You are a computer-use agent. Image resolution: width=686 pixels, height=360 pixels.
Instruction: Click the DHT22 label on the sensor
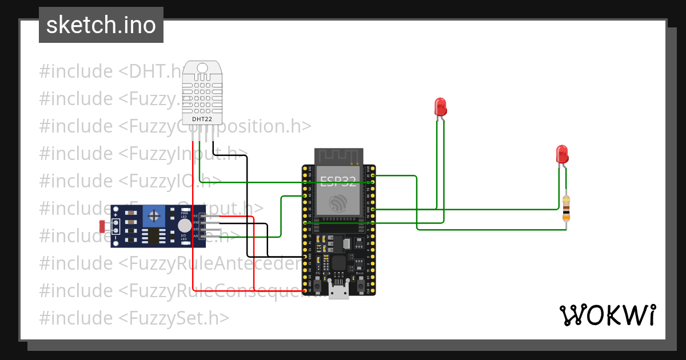[x=203, y=119]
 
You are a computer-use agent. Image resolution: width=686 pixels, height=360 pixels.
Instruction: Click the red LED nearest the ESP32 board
[x=440, y=107]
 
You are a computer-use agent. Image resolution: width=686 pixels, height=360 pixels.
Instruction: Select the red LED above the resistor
[x=562, y=154]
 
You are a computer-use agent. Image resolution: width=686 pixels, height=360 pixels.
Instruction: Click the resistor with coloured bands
[x=566, y=209]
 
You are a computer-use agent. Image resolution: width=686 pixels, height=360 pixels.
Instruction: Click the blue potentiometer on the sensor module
[x=153, y=215]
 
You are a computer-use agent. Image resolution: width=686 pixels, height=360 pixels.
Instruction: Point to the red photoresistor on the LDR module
[x=103, y=226]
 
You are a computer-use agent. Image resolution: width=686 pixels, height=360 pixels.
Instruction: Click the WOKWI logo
[x=607, y=315]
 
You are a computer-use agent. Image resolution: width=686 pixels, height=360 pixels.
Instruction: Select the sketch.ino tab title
[x=101, y=25]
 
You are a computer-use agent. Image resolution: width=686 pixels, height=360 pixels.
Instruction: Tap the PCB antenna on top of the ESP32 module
[x=339, y=156]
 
